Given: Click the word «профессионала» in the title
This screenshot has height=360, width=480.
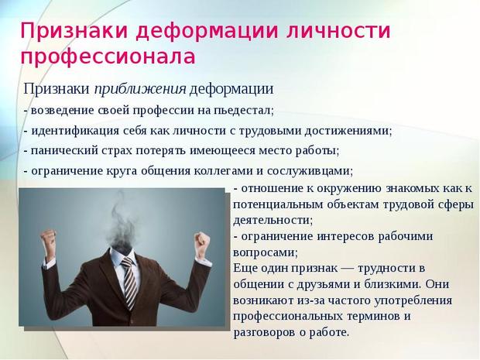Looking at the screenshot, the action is [x=108, y=57].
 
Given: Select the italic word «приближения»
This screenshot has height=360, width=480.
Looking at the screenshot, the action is [x=140, y=89].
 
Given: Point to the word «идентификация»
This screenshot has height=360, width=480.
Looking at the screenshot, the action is [x=75, y=131].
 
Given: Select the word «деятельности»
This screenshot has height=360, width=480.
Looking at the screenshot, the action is [x=273, y=220].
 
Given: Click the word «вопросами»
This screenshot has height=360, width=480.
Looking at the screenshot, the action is [x=265, y=252].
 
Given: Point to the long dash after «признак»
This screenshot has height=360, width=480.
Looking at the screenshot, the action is [x=348, y=269].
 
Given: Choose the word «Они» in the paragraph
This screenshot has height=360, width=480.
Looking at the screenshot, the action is [x=437, y=284].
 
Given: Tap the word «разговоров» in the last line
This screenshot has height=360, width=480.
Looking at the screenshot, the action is [x=263, y=332].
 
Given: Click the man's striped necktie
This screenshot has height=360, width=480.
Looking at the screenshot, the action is [x=129, y=282].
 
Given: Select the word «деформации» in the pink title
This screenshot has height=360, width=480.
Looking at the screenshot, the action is [x=207, y=31].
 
